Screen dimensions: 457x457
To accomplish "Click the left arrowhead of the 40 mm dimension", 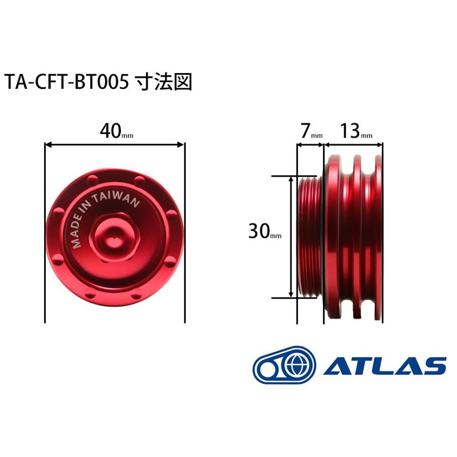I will pyautogui.click(x=49, y=145).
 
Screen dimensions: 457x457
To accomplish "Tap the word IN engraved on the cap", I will pyautogui.click(x=94, y=210).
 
